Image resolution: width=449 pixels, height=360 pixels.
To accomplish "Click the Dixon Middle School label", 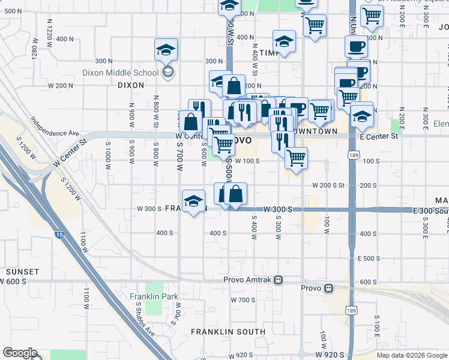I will [x=120, y=73].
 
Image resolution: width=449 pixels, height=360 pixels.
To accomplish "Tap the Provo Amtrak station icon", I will [x=278, y=280].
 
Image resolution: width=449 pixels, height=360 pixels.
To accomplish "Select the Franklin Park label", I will [x=154, y=296].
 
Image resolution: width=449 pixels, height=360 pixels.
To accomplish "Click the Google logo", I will [x=19, y=353].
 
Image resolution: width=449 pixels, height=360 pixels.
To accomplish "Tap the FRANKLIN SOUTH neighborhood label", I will [x=228, y=331].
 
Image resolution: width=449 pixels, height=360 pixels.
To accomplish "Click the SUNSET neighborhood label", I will [x=22, y=272].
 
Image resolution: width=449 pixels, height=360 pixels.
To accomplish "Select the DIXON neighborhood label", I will [x=130, y=85].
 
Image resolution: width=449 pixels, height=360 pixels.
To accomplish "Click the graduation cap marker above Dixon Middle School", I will [x=166, y=50].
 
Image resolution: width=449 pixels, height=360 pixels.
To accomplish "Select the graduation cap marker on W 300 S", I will [x=194, y=203].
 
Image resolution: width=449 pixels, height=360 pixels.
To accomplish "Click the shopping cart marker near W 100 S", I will [x=296, y=158].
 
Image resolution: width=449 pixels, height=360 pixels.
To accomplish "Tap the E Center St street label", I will [x=379, y=136].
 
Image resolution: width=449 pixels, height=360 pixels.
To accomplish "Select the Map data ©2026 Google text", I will [x=412, y=355].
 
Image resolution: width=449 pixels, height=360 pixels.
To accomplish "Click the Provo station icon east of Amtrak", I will [x=328, y=288].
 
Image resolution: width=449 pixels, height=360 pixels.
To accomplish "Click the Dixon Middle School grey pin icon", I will [x=169, y=73].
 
